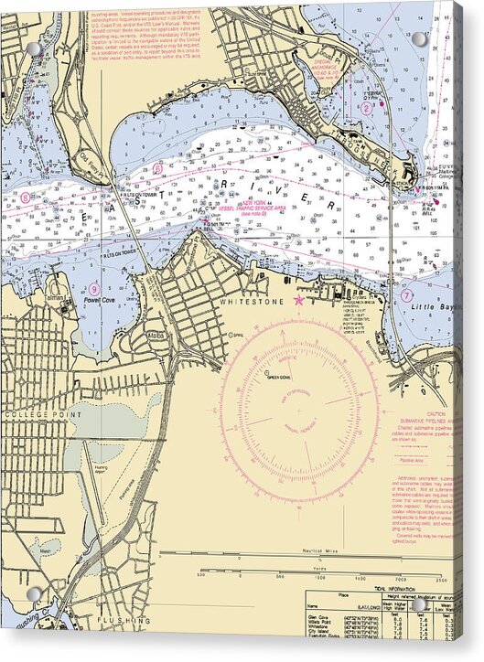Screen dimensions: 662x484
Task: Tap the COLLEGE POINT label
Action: tap(31, 414)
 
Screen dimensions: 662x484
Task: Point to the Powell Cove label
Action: tap(98, 299)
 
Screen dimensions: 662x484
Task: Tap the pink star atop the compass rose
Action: tap(299, 300)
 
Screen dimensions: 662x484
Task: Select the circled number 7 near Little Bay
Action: tap(406, 295)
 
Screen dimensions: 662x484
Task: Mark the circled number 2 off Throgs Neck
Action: tap(366, 108)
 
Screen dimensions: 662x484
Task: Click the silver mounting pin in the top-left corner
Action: tap(34, 48)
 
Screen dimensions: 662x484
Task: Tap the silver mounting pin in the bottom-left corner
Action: tap(34, 594)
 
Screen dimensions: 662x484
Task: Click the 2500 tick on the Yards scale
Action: tap(441, 578)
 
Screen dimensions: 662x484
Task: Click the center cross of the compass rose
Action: tap(299, 411)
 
